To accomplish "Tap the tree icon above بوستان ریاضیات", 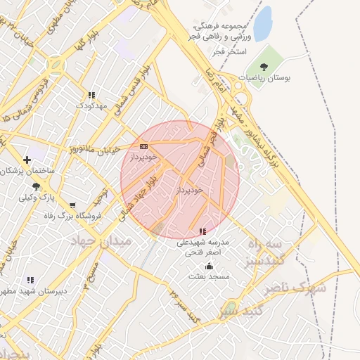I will click(x=264, y=67).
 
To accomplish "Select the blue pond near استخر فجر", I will click(x=262, y=24).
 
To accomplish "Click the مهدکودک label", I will click(x=91, y=105).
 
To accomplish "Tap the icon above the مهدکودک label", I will click(x=91, y=95).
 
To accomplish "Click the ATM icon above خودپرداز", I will click(x=143, y=146).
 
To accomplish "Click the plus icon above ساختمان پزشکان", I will click(x=27, y=160).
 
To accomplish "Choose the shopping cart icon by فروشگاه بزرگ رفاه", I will click(x=72, y=205).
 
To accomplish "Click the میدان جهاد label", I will click(x=101, y=241).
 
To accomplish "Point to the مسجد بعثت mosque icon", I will click(x=209, y=266).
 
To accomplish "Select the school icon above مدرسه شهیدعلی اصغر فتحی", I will click(x=202, y=231).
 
